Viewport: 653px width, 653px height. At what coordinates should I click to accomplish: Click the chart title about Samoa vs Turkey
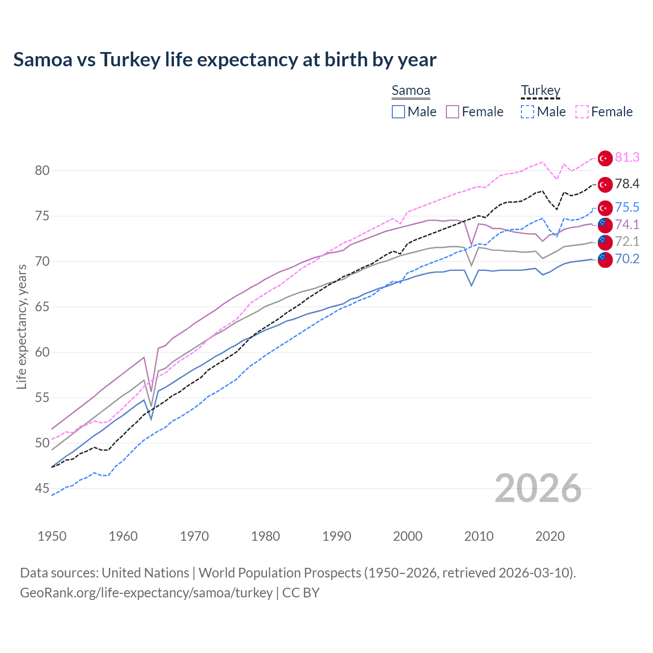point(224,60)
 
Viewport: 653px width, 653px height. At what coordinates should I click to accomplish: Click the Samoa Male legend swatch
point(398,112)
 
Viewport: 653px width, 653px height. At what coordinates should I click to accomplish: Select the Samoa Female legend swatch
point(453,112)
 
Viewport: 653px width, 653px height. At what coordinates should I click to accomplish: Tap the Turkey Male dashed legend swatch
point(528,112)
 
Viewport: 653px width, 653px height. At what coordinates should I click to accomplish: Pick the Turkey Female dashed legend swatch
point(582,112)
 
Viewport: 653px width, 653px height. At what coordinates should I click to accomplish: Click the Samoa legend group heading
point(411,90)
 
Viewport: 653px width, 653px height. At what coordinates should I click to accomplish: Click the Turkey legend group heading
point(540,90)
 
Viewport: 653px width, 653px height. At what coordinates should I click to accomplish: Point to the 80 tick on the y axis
point(42,170)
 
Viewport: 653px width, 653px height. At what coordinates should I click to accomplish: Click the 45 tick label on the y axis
point(42,489)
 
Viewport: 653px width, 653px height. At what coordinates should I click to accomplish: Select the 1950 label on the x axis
point(52,536)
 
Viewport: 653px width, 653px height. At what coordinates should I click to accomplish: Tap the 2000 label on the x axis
point(408,536)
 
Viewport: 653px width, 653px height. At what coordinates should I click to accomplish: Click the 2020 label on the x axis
point(550,536)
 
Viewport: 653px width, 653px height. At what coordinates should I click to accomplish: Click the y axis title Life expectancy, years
point(21,326)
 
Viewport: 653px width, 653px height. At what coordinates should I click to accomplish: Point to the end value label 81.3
point(627,158)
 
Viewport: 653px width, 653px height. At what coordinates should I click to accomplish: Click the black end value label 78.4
point(627,184)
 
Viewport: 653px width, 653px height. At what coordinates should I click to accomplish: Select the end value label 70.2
point(627,259)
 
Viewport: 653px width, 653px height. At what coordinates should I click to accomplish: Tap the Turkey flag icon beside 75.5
point(605,208)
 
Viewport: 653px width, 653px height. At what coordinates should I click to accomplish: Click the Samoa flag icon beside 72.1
point(605,242)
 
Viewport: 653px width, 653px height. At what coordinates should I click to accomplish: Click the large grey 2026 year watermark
point(538,488)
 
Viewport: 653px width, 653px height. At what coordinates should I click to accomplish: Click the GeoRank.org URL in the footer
point(146,593)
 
